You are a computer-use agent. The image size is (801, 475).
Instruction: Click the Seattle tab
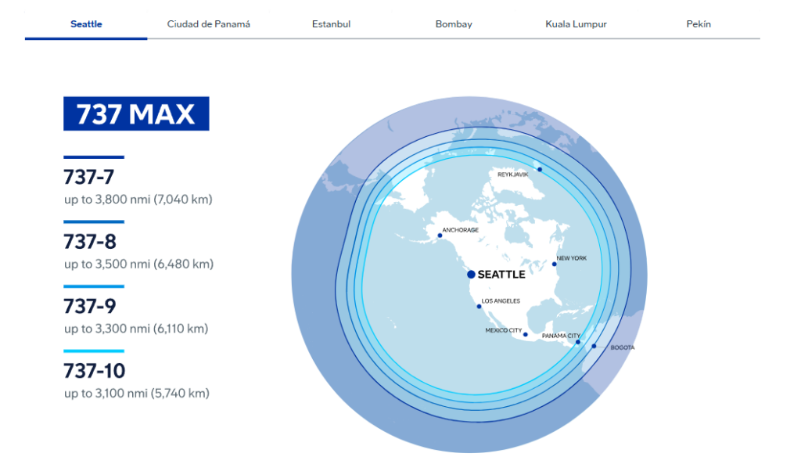coord(86,24)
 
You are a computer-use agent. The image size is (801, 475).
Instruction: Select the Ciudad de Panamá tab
coord(208,24)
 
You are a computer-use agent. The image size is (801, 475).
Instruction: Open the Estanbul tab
coord(331,24)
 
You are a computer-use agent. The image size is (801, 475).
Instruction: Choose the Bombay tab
coord(454,24)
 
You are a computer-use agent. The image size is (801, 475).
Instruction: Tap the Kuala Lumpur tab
coord(576,24)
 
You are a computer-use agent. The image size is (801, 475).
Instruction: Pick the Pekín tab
coord(699,24)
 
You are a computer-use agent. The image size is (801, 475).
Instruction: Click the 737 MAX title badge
coord(136,113)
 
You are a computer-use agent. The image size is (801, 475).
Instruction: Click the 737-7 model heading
coord(89,177)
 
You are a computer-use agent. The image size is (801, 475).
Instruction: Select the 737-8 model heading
coord(90,242)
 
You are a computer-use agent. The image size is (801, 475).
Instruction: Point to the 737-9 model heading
coord(90,306)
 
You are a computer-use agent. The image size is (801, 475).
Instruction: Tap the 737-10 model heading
coord(95,371)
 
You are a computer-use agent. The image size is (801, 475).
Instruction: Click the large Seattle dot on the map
coord(471,275)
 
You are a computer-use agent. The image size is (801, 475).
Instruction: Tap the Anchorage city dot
coord(440,236)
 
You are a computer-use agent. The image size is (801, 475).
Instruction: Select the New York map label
coord(572,258)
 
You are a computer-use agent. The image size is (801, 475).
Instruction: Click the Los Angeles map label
coord(501,301)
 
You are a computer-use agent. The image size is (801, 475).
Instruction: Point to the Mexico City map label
coord(504,330)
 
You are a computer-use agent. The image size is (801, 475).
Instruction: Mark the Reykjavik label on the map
coord(513,175)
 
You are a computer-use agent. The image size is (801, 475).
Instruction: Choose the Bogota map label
coord(623,347)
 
